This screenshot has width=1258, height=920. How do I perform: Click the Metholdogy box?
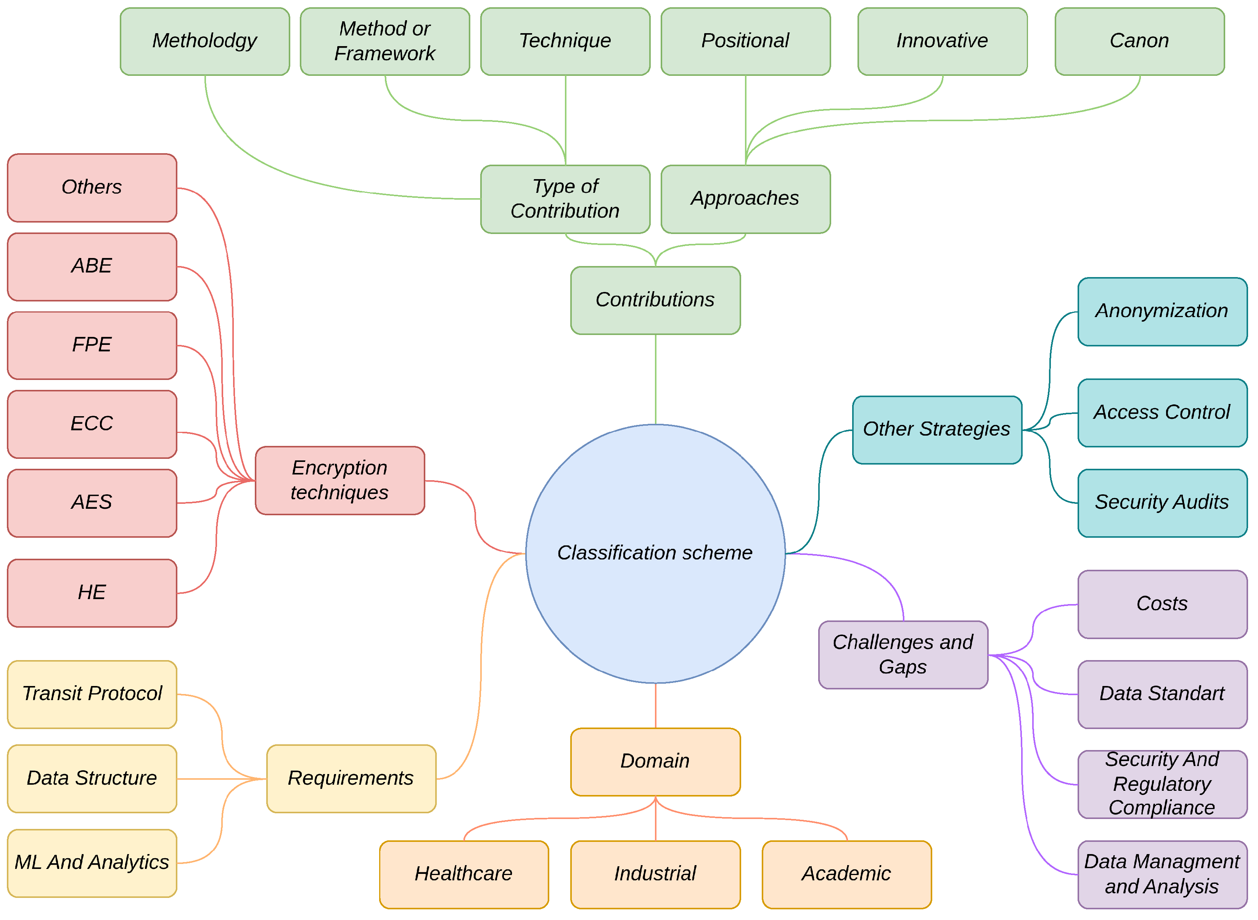[204, 41]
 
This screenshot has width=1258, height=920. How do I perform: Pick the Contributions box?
[655, 300]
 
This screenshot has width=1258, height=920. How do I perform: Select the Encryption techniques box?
[339, 480]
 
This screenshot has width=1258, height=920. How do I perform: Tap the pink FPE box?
[92, 345]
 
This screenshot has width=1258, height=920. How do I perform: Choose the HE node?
[92, 593]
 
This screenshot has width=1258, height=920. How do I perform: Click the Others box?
[92, 187]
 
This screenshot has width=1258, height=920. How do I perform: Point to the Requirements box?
[351, 778]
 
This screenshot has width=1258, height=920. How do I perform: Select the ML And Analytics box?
[92, 862]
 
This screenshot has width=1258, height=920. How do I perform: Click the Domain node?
[655, 761]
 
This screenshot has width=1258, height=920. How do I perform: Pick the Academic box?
[846, 874]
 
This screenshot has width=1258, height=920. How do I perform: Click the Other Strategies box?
[936, 430]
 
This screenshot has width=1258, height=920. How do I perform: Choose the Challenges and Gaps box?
[902, 654]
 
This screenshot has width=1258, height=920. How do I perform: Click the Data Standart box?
[1161, 694]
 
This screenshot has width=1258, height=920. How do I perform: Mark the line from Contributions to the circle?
[655, 379]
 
